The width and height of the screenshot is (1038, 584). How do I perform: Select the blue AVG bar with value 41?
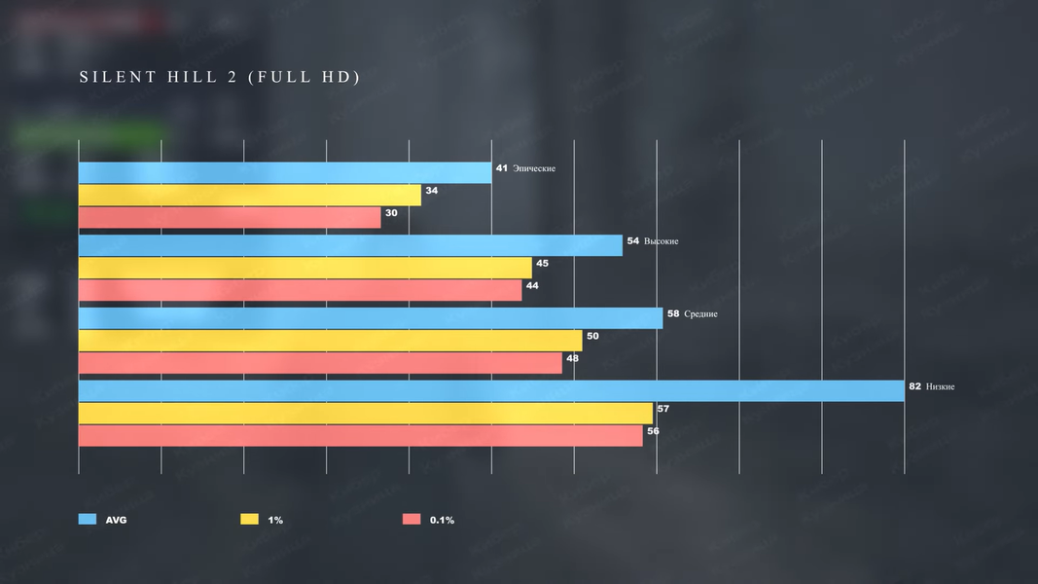tap(284, 172)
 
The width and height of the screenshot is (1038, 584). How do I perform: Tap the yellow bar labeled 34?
tap(249, 195)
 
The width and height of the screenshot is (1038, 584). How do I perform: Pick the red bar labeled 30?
tap(230, 217)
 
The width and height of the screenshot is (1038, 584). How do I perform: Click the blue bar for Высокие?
tap(350, 245)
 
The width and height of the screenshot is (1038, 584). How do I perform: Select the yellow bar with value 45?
tap(304, 268)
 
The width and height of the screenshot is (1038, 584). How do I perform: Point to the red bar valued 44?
tap(300, 290)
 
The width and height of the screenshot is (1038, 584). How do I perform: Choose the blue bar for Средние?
tap(370, 318)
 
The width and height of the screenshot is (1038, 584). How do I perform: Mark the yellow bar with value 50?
tap(330, 341)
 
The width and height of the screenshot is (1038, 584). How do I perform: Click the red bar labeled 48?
tap(320, 363)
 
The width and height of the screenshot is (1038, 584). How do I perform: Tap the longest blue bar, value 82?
tap(491, 390)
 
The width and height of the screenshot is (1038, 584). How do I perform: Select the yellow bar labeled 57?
tap(365, 413)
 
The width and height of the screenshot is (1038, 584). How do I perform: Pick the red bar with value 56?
tap(360, 435)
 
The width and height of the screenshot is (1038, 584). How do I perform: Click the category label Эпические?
tap(534, 168)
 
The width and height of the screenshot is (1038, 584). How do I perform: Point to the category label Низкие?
tap(941, 386)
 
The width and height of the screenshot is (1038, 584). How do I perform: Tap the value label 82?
tap(914, 386)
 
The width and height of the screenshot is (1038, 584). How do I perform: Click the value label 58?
tap(673, 313)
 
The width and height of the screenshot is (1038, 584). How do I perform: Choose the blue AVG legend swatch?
tap(88, 520)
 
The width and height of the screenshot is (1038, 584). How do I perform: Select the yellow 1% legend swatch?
tap(250, 520)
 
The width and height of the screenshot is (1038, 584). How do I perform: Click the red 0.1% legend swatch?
tap(412, 520)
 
